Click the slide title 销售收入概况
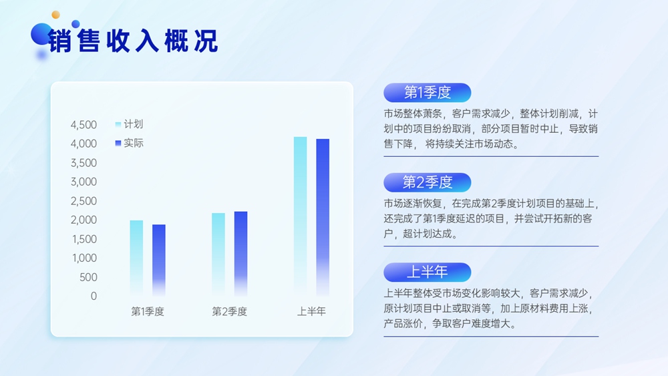point(132,41)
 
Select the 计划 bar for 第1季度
point(136,258)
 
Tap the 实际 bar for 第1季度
point(159,260)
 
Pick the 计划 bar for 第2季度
point(218,254)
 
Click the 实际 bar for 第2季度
point(240,253)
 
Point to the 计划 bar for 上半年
point(301,216)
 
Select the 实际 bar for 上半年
point(323,217)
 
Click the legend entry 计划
point(130,124)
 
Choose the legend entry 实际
point(130,143)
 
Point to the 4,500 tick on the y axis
point(83,125)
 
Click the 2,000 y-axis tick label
point(83,220)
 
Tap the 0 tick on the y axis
point(94,296)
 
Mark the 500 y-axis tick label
point(88,277)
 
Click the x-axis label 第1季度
point(148,311)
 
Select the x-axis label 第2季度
point(230,311)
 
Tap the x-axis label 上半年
point(311,311)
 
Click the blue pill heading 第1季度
point(428,92)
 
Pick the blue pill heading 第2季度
point(428,182)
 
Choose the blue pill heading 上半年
point(428,272)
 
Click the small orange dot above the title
point(56,15)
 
